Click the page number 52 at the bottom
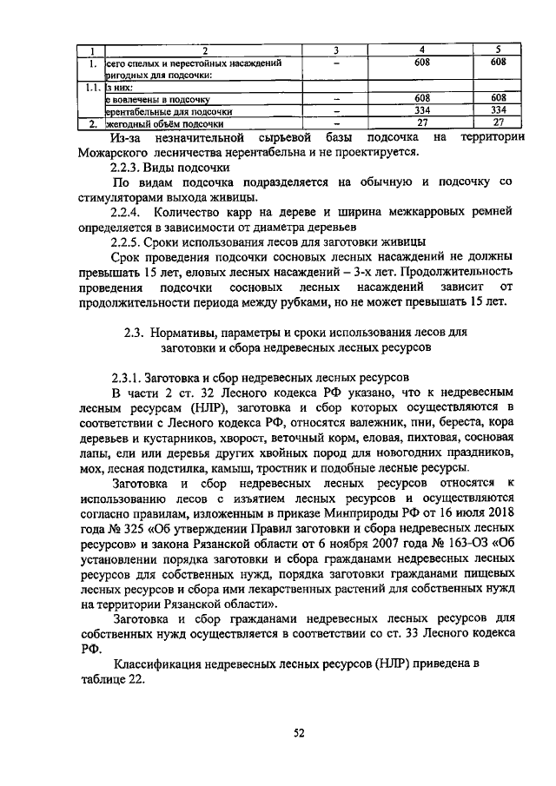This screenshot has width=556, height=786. pos(298,733)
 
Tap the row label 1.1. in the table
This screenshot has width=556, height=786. pos(89,88)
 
